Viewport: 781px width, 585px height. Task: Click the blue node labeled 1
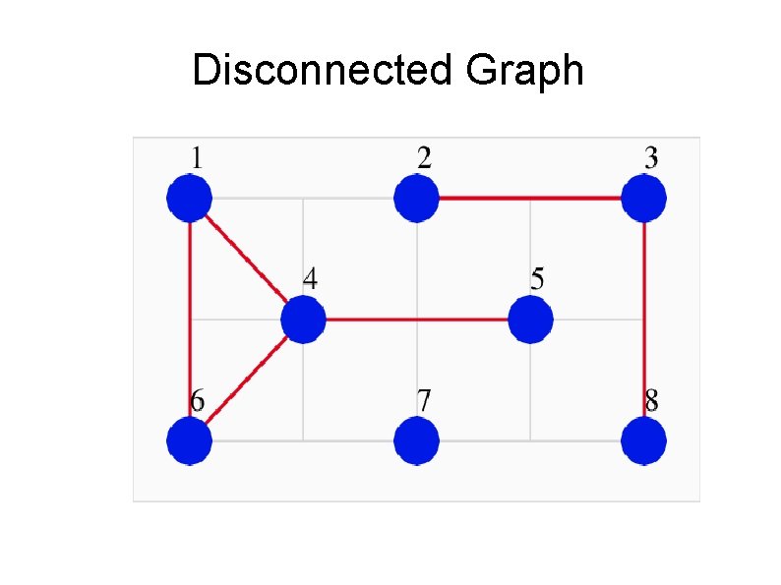coord(189,199)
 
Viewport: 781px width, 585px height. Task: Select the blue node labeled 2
coord(416,199)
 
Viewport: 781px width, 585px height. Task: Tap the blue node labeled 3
coord(644,199)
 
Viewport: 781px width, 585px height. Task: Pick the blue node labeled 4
coord(303,320)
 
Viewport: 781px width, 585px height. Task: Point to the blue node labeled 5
coord(531,320)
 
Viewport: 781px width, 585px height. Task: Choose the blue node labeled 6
coord(189,440)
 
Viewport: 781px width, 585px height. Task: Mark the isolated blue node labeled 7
coord(416,440)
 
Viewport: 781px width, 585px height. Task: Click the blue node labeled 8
coord(644,440)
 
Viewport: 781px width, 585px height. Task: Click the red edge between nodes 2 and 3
coord(530,199)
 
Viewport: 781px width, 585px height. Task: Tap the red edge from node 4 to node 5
coord(417,320)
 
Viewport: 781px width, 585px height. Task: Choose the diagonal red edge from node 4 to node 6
coord(246,380)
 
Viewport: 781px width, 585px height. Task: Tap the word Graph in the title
coord(525,71)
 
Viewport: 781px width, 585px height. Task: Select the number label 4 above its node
coord(310,279)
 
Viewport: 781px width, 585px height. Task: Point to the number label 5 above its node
coord(537,279)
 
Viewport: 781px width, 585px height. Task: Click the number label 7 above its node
coord(423,401)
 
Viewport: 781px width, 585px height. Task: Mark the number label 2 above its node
coord(423,158)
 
